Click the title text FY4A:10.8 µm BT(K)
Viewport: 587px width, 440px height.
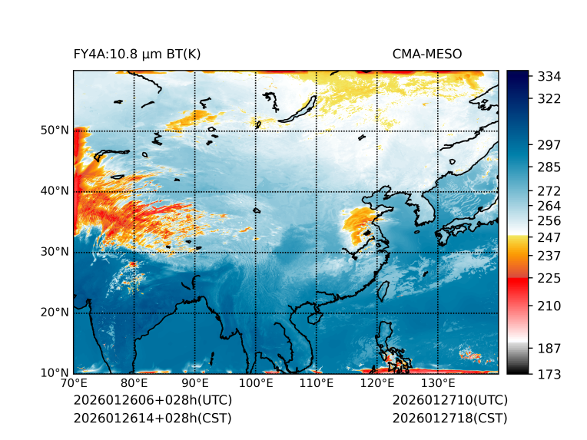point(137,54)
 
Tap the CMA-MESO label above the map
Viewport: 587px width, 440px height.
point(427,54)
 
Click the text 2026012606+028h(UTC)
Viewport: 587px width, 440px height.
point(152,401)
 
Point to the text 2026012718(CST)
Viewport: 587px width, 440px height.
point(449,418)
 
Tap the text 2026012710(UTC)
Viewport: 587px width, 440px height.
point(449,401)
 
